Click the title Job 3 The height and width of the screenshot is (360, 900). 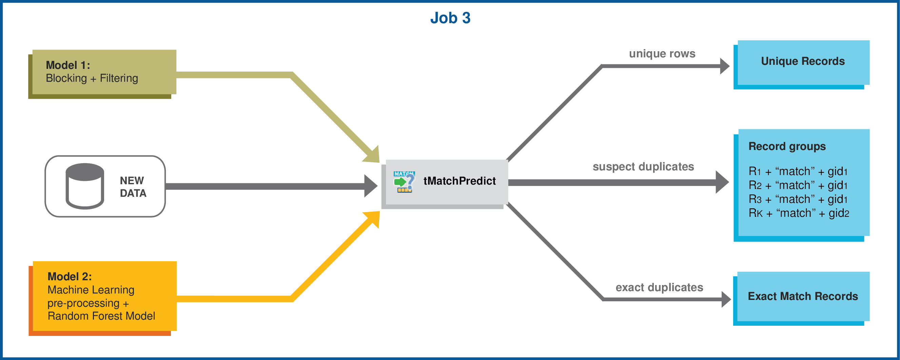pyautogui.click(x=450, y=18)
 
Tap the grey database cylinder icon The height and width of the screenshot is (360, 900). pyautogui.click(x=84, y=186)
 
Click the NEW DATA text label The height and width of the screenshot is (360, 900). pyautogui.click(x=133, y=187)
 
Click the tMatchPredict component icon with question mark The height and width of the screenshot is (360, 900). pyautogui.click(x=404, y=182)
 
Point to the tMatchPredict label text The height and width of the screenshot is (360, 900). pyautogui.click(x=459, y=181)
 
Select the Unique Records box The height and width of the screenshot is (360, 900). pyautogui.click(x=803, y=62)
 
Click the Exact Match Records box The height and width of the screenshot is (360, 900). pyautogui.click(x=803, y=297)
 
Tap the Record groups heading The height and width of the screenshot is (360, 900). pyautogui.click(x=787, y=147)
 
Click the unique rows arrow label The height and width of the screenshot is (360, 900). pyautogui.click(x=662, y=54)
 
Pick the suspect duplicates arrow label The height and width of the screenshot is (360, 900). pyautogui.click(x=643, y=167)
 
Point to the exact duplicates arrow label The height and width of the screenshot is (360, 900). pyautogui.click(x=659, y=287)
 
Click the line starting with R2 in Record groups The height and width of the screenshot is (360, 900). pyautogui.click(x=798, y=185)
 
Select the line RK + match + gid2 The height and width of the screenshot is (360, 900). pyautogui.click(x=798, y=213)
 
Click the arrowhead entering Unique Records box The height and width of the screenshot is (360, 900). pyautogui.click(x=724, y=66)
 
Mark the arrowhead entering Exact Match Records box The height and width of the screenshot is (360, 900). pyautogui.click(x=726, y=300)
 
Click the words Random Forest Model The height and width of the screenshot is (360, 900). pyautogui.click(x=101, y=316)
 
